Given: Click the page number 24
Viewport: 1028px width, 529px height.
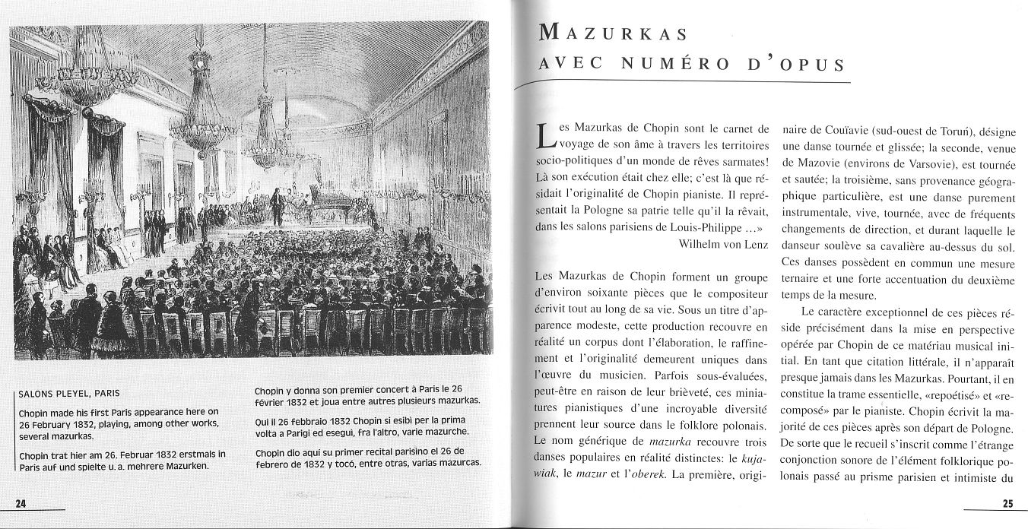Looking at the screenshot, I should click(21, 503).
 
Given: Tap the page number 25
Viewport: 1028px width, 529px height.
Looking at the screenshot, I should click(1007, 503).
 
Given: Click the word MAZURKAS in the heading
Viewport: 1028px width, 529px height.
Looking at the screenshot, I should click(613, 33).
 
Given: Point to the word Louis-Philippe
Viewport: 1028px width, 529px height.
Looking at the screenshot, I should click(711, 226).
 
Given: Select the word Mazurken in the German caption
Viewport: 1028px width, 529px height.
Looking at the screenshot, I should click(185, 466).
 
